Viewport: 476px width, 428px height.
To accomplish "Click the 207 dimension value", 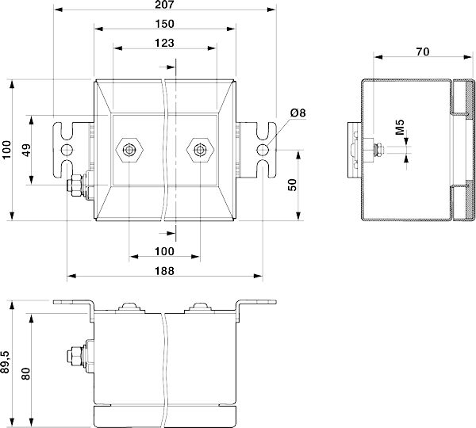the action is coord(164,5).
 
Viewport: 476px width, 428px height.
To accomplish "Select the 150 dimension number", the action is coord(164,24).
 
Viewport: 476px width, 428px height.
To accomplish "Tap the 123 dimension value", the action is coord(164,43).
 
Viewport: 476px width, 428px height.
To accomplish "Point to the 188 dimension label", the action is coord(164,271).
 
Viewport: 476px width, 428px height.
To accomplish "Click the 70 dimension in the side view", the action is coord(423,52).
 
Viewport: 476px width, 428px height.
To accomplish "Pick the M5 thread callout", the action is coord(400,128).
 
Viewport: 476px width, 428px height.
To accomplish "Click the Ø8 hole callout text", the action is coord(297,113).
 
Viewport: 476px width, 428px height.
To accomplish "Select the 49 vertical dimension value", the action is coord(27,150).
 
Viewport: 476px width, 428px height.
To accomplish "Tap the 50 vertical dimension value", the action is coord(291,185).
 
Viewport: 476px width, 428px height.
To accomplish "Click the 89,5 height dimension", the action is coord(6,362).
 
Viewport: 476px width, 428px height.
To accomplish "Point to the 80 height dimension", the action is coord(26,373).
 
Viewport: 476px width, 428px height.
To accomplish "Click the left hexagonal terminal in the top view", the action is coord(129,150).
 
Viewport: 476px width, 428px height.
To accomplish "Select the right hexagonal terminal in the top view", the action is coord(200,150).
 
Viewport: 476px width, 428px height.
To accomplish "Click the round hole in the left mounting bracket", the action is coord(67,150).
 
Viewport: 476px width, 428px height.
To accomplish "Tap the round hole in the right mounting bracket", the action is coord(263,150).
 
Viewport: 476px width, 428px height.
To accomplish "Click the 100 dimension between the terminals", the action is coord(164,251).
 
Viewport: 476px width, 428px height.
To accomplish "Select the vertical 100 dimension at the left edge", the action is coord(6,149).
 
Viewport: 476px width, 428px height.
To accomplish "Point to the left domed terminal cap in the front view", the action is coord(130,306).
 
